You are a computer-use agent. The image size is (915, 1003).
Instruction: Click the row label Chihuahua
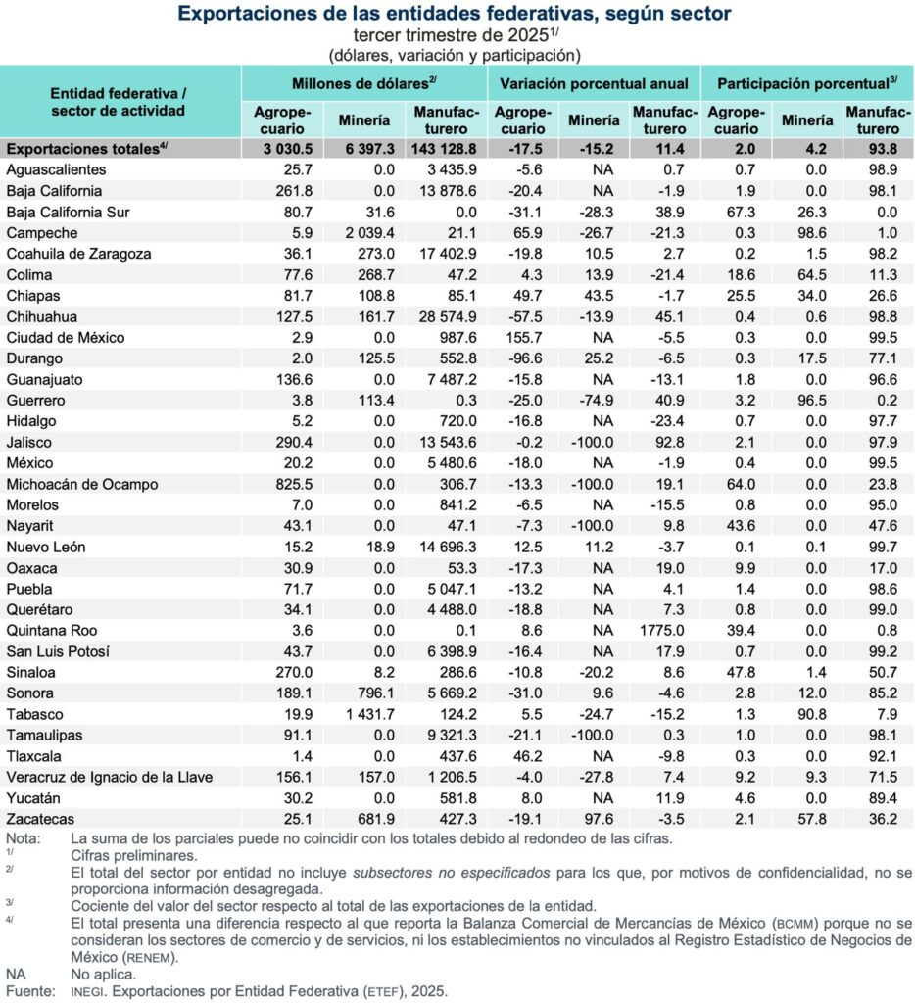click(x=42, y=317)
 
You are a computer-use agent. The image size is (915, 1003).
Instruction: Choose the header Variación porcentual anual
click(x=596, y=83)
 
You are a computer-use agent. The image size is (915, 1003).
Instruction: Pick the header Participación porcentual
click(x=807, y=83)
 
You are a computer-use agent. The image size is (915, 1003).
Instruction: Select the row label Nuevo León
click(x=44, y=548)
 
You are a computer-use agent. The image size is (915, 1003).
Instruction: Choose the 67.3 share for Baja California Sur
click(x=733, y=213)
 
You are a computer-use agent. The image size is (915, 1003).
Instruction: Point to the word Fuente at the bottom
click(x=28, y=991)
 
